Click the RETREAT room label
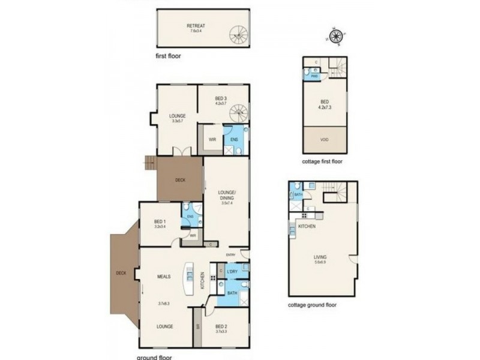click(x=196, y=26)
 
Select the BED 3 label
click(x=221, y=98)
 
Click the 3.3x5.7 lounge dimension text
click(x=178, y=121)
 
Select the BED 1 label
click(x=159, y=222)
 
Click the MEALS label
click(x=164, y=277)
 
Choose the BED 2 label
click(x=222, y=326)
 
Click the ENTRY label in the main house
click(x=231, y=255)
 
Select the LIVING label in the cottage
click(x=320, y=256)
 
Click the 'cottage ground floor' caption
click(x=312, y=305)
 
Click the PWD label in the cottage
click(x=314, y=77)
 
